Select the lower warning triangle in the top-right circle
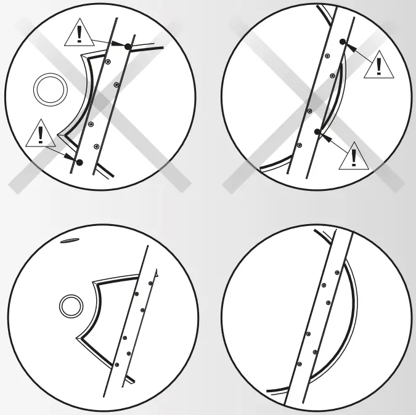coord(353,156)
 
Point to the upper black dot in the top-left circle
coord(128,47)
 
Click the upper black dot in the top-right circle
coord(343,42)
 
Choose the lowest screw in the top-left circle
coord(96,146)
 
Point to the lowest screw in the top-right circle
coord(299,145)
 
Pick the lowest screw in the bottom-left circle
coord(116,365)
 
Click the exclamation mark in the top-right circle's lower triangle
coord(353,158)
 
